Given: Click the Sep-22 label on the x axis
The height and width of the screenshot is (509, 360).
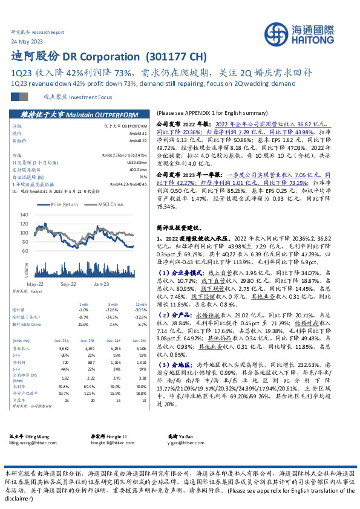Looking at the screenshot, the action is pyautogui.click(x=68, y=284).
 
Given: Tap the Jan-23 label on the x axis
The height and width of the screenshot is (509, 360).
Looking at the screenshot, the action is pyautogui.click(x=100, y=284).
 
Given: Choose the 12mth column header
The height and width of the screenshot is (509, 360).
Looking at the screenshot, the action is pyautogui.click(x=142, y=303).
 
